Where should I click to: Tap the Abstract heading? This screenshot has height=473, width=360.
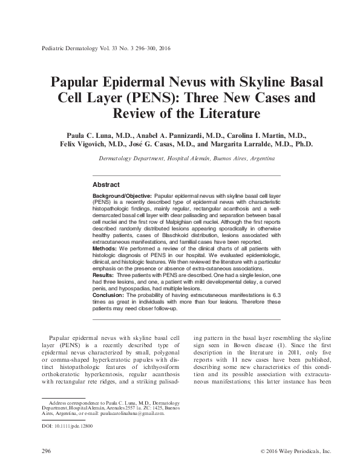(106, 184)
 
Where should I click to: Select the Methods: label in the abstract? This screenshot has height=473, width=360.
(105, 249)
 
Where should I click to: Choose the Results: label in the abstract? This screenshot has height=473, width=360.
(105, 274)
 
